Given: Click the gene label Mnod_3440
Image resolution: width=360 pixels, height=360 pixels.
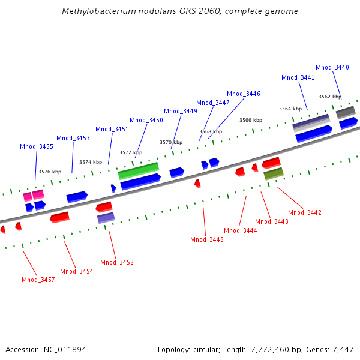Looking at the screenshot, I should [x=332, y=68].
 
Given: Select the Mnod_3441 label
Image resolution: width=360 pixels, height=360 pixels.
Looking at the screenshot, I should [x=298, y=78].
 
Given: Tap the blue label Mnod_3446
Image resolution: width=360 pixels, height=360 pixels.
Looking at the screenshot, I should [x=244, y=94].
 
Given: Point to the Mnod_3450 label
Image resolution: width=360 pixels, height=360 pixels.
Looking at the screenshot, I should [x=146, y=121].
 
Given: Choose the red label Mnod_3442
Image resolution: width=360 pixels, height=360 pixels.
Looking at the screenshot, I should [x=305, y=212].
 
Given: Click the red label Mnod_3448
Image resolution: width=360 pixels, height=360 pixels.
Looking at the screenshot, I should [x=207, y=240].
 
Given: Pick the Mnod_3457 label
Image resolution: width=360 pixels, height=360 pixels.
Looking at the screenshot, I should [x=38, y=280].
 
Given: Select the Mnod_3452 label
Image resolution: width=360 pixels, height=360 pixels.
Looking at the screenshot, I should [x=117, y=263].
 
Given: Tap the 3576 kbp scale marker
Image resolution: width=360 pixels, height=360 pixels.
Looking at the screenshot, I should [x=50, y=172].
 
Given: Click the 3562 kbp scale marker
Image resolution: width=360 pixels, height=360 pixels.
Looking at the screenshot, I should [x=330, y=97].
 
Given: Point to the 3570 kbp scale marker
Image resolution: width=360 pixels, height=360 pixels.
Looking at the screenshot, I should [x=171, y=143].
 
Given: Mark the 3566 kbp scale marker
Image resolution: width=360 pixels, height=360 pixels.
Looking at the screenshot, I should [x=251, y=121].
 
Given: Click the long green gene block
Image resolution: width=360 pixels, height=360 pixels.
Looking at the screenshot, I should [x=139, y=170].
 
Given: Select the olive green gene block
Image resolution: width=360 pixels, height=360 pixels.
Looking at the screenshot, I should [x=274, y=174].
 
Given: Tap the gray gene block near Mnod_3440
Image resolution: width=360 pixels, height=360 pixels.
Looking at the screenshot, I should [x=346, y=112].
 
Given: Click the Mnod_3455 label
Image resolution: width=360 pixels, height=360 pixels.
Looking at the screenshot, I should [x=37, y=147].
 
